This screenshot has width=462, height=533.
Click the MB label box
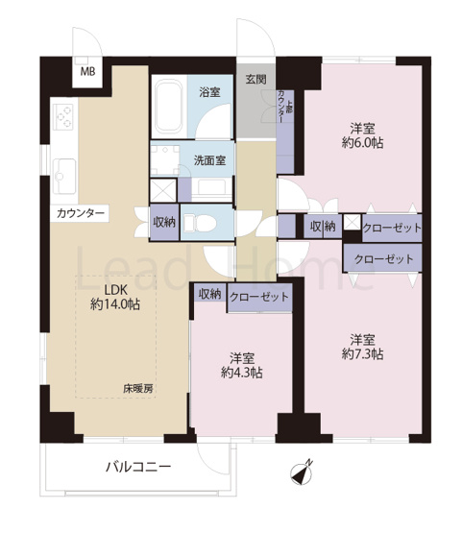(87, 72)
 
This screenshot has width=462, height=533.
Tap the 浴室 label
(209, 93)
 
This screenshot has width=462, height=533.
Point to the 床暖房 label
(138, 388)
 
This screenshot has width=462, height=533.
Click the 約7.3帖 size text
(361, 355)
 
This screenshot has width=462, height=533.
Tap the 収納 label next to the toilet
(164, 222)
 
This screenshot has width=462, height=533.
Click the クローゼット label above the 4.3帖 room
(259, 297)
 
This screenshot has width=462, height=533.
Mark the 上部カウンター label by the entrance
(284, 105)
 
